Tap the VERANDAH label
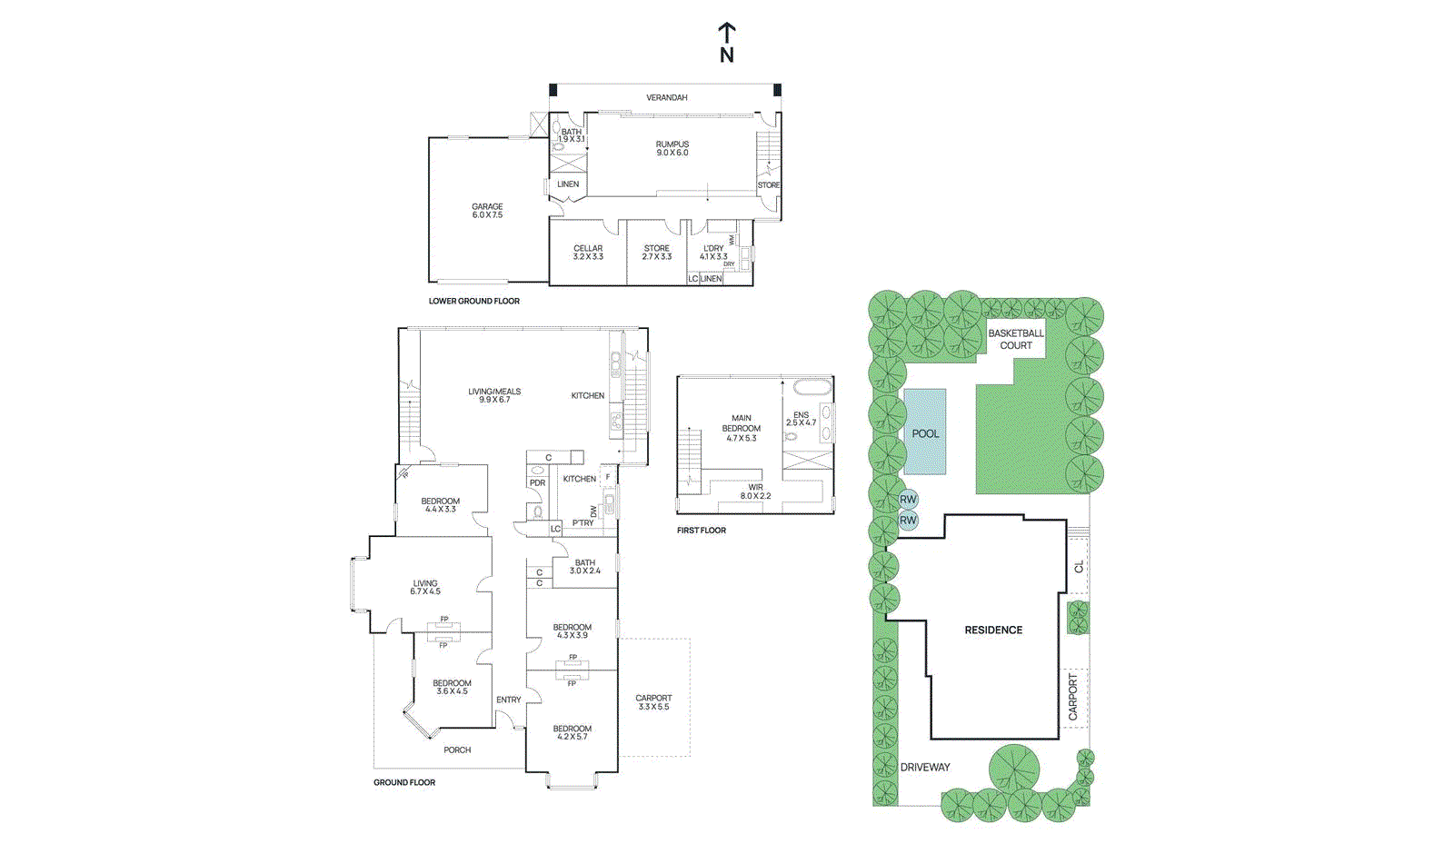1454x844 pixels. click(x=666, y=97)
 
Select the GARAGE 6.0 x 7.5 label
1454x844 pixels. click(x=487, y=211)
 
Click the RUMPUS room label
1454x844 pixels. click(x=672, y=148)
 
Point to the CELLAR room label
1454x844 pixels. click(x=588, y=252)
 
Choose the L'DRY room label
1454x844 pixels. click(x=713, y=252)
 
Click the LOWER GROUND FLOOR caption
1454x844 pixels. click(x=473, y=301)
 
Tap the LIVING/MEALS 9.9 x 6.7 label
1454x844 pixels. click(x=494, y=395)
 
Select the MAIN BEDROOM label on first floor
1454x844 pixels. click(x=742, y=428)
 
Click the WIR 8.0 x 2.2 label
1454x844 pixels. click(x=755, y=492)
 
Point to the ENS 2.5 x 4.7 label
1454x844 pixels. click(x=801, y=418)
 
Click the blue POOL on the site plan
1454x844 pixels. click(x=925, y=433)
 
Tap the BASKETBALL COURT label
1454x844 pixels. click(x=1016, y=339)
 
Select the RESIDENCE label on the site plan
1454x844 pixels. click(x=993, y=630)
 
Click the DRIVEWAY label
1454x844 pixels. click(x=925, y=767)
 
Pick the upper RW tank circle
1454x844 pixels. click(x=908, y=499)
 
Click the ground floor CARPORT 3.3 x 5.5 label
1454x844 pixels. click(x=653, y=702)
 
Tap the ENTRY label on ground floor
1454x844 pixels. click(x=509, y=700)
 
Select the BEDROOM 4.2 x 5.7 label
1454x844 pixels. click(x=572, y=732)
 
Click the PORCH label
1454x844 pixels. click(x=457, y=750)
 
